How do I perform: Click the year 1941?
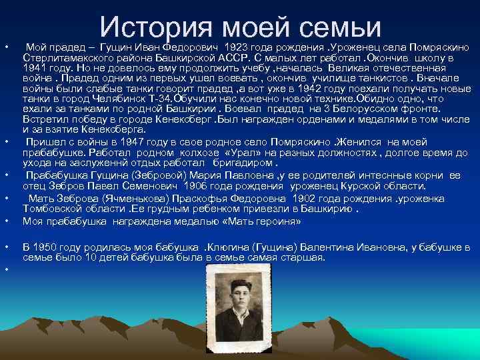click(x=34, y=67)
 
